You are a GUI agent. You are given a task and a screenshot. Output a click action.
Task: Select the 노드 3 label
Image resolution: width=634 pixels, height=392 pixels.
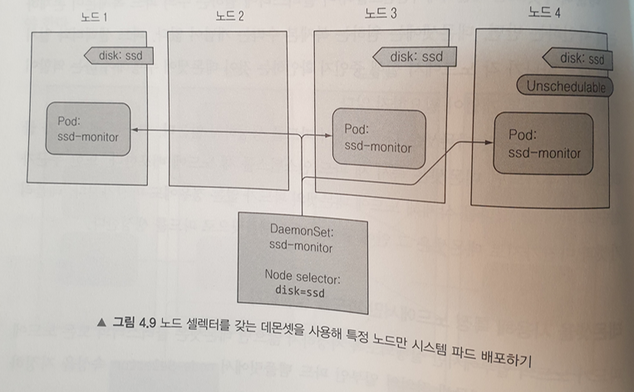coord(381,13)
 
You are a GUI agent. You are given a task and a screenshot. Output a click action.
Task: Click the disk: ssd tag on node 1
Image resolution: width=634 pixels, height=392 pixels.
coord(120,56)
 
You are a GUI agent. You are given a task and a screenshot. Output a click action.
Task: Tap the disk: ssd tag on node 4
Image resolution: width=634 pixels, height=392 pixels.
coord(578,58)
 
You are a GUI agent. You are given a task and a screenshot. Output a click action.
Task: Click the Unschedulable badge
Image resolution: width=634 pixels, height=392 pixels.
coord(564,86)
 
